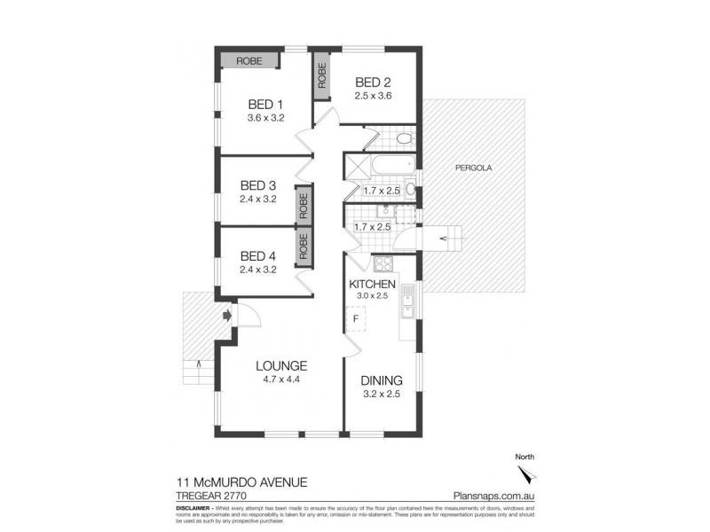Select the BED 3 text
pyautogui.click(x=258, y=185)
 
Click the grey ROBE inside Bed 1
pyautogui.click(x=248, y=60)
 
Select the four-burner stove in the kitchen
pyautogui.click(x=383, y=263)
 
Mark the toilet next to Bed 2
pyautogui.click(x=403, y=138)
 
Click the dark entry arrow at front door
pyautogui.click(x=227, y=314)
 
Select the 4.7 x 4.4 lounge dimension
pyautogui.click(x=281, y=379)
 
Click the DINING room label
pyautogui.click(x=381, y=380)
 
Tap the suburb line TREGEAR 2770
pyautogui.click(x=209, y=497)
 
